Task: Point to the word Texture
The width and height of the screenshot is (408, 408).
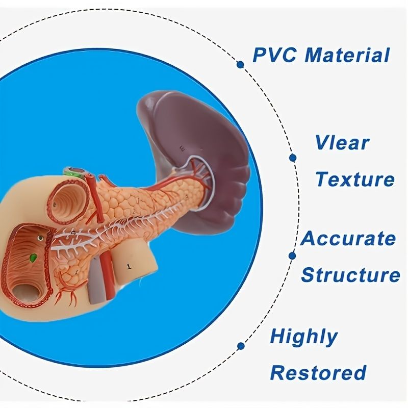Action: coord(355,180)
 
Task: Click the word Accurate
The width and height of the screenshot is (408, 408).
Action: coord(348,238)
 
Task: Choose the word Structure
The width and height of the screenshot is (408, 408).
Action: coord(350,275)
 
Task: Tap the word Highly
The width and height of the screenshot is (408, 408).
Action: coord(303,337)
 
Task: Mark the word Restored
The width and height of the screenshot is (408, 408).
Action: coord(318,373)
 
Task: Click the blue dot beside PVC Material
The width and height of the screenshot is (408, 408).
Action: coord(240,64)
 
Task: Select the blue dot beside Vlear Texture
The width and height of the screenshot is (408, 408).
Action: coord(293,158)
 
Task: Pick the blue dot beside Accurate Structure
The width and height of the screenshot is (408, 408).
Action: coord(292,256)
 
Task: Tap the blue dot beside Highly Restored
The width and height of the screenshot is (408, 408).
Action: coord(241,346)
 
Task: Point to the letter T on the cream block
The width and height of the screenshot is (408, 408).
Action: coord(129,265)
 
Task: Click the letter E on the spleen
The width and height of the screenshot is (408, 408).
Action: coord(182,148)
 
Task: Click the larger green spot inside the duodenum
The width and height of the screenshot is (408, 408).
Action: coord(33,259)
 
